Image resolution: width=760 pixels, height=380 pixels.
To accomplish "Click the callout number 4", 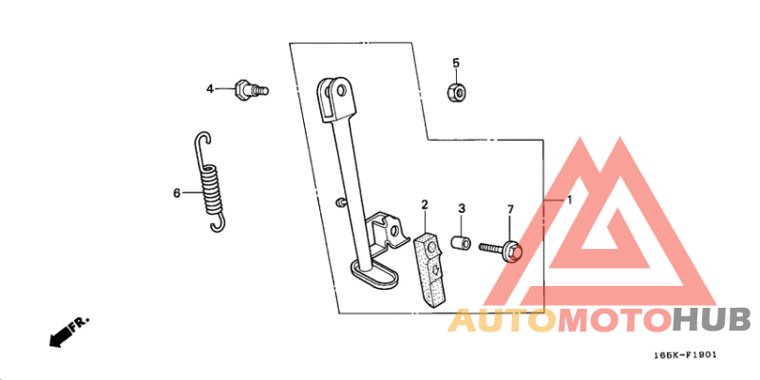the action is (x=210, y=89).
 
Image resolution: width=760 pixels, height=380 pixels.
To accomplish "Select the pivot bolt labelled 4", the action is (x=251, y=89).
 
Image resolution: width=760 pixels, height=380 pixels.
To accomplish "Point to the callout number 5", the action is (x=456, y=63).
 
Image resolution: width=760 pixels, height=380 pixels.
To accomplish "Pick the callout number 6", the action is (x=177, y=194).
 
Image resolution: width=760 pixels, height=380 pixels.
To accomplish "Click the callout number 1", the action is (x=569, y=199).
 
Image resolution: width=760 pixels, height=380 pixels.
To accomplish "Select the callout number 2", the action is (x=425, y=204).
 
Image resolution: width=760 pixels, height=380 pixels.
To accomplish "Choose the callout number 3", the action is (x=462, y=209).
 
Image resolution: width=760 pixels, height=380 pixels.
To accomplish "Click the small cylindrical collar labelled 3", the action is (x=461, y=243).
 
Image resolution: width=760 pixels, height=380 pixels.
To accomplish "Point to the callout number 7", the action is (x=510, y=209).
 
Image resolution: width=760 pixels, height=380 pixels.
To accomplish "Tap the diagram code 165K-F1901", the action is (x=685, y=355).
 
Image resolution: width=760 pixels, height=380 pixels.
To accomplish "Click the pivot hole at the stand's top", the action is (x=342, y=90).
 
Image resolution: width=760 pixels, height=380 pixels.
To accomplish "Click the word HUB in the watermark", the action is (x=711, y=320).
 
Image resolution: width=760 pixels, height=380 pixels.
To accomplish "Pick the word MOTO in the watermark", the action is (x=615, y=321).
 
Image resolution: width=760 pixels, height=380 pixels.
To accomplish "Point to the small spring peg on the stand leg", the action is (x=340, y=202).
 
